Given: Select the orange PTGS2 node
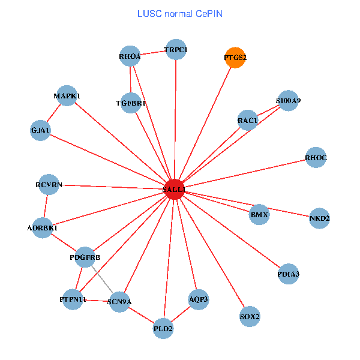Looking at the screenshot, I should click(235, 58).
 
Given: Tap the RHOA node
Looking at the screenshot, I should click(130, 56).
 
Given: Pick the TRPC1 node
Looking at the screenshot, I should click(176, 50).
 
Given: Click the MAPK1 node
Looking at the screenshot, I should click(67, 96).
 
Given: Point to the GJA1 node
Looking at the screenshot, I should click(41, 130).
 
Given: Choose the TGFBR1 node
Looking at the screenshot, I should click(131, 103).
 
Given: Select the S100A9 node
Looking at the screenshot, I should click(288, 101).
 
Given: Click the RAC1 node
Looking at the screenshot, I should click(247, 121).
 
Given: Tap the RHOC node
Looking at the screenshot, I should click(316, 158).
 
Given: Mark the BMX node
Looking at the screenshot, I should click(259, 214).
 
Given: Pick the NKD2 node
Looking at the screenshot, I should click(319, 218).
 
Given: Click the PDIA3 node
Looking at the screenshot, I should click(289, 274).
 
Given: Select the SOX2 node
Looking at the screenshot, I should click(250, 316).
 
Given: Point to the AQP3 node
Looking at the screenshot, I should click(199, 299).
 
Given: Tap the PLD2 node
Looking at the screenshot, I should click(163, 328).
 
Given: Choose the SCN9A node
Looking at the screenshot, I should click(119, 302).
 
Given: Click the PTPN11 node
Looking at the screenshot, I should click(73, 299).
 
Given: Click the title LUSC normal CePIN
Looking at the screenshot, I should click(180, 13).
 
